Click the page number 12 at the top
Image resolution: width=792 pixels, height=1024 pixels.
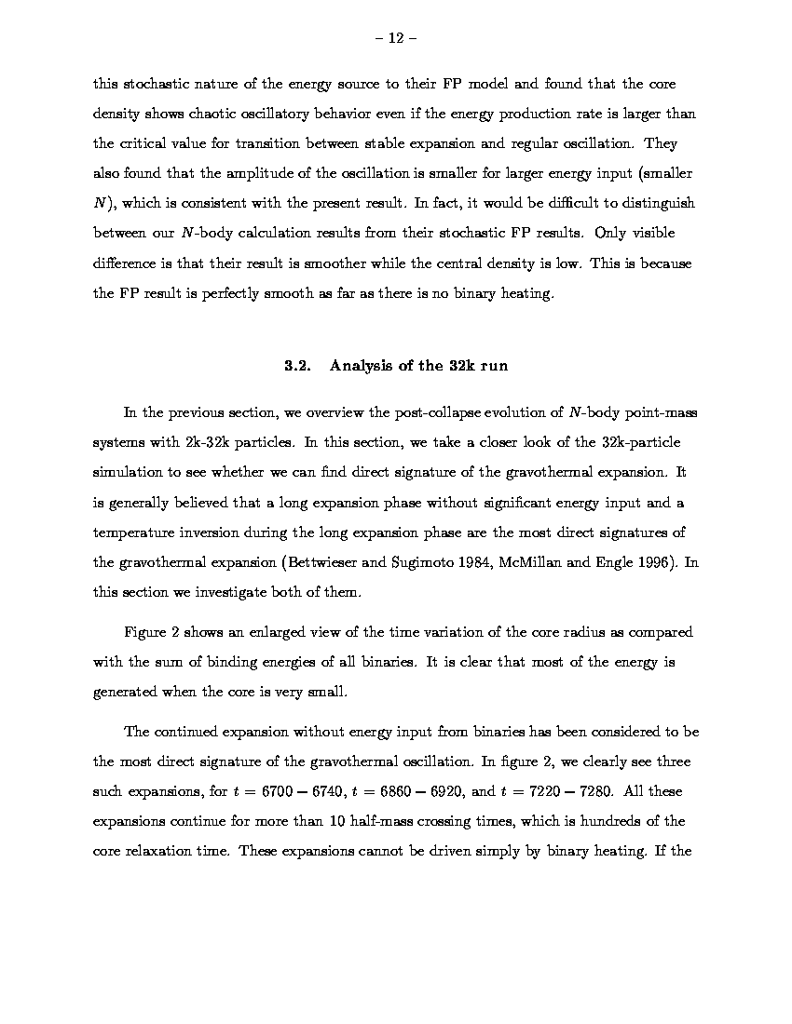pos(395,38)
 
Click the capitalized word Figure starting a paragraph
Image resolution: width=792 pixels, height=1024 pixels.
pos(145,632)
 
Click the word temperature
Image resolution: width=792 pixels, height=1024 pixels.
pos(134,533)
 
